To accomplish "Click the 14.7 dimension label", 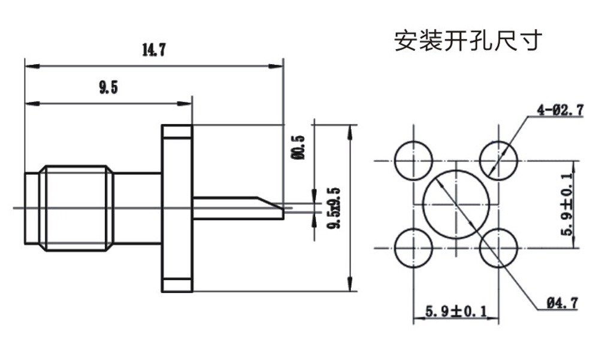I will click(153, 50).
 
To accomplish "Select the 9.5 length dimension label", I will click(108, 89).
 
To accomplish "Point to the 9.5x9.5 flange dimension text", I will click(335, 208).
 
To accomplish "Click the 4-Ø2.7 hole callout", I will click(560, 110).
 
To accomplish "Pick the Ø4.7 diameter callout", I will click(562, 304).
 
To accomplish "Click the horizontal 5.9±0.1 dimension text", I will click(456, 312).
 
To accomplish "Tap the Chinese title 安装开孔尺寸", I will click(468, 41).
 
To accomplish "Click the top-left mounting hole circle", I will click(414, 161).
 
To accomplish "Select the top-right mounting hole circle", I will click(499, 161).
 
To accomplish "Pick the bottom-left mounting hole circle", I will click(414, 248).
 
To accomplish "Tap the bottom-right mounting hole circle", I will click(499, 248).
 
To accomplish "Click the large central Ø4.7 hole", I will click(456, 204).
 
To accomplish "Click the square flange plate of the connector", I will click(177, 208).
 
